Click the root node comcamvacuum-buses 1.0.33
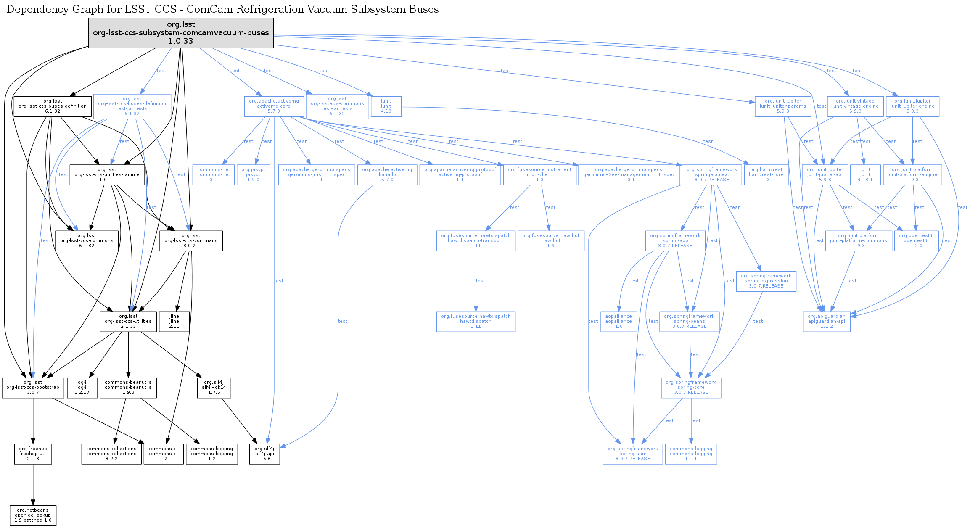pyautogui.click(x=181, y=33)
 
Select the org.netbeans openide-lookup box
pyautogui.click(x=33, y=515)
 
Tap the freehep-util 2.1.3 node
pyautogui.click(x=33, y=454)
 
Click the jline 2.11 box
pyautogui.click(x=174, y=321)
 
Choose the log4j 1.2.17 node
pyautogui.click(x=82, y=387)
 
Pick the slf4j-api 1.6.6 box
pyautogui.click(x=264, y=454)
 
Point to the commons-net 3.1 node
pyautogui.click(x=214, y=174)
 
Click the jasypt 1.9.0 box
pyautogui.click(x=253, y=174)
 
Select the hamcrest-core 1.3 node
pyautogui.click(x=766, y=174)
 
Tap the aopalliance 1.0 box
pyautogui.click(x=618, y=321)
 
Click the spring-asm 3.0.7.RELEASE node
pyautogui.click(x=633, y=454)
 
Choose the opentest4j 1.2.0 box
pyautogui.click(x=916, y=240)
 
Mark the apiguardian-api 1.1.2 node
pyautogui.click(x=827, y=321)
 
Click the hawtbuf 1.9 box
pyautogui.click(x=551, y=240)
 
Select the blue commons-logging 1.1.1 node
pyautogui.click(x=691, y=454)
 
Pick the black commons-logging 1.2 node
pyautogui.click(x=211, y=454)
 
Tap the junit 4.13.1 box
pyautogui.click(x=865, y=174)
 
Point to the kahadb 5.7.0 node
pyautogui.click(x=387, y=174)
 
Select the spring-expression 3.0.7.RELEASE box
pyautogui.click(x=766, y=281)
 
